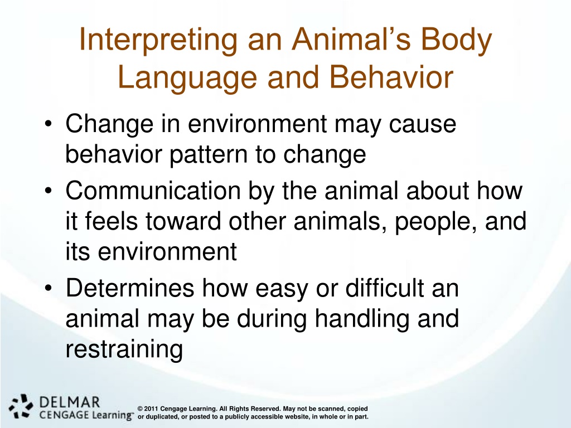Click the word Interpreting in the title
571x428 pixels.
pos(158,40)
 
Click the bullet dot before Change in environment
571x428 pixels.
pos(49,124)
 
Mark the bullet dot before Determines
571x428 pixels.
pos(49,288)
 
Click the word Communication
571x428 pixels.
pos(153,191)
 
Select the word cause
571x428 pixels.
pos(422,124)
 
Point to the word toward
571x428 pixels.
pos(183,221)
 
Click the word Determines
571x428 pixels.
pos(130,288)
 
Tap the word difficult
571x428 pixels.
pos(385,288)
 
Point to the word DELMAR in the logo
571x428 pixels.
pos(69,402)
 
